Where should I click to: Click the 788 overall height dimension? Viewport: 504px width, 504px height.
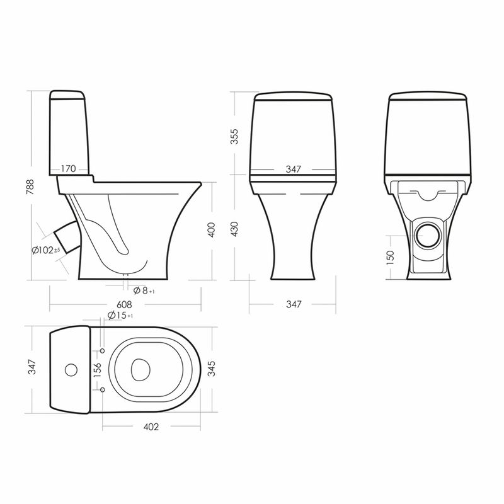[30, 186]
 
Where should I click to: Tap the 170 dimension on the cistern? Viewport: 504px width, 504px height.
[68, 168]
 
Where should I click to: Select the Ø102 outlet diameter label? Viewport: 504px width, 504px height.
[46, 249]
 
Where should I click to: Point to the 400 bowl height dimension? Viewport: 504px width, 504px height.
[212, 229]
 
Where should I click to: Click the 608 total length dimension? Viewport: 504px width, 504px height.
[124, 304]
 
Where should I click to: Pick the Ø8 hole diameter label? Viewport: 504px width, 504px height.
[144, 290]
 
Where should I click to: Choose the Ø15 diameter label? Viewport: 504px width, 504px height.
[120, 316]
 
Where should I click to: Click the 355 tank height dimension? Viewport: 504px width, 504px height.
[235, 136]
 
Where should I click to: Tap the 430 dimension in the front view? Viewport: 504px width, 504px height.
[235, 229]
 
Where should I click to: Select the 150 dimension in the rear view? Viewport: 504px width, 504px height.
[390, 258]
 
